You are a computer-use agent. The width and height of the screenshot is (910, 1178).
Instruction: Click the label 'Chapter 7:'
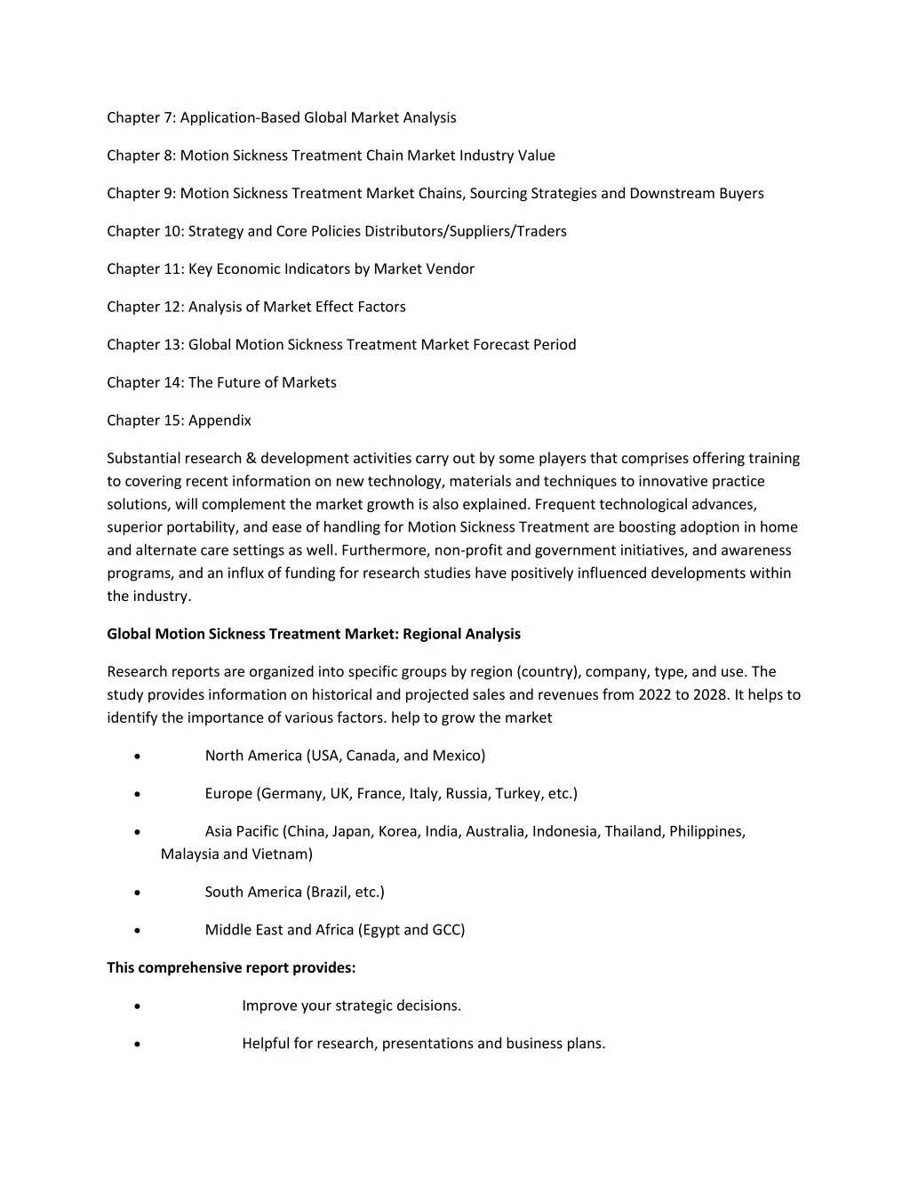click(x=140, y=117)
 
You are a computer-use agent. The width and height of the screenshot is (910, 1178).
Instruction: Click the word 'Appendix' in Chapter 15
click(x=220, y=421)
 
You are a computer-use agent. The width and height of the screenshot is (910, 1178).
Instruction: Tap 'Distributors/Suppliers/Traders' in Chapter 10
click(x=467, y=231)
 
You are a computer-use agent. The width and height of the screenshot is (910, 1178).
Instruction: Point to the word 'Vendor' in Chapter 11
click(x=450, y=268)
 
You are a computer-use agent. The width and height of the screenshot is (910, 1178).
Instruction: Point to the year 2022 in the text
click(x=654, y=695)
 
